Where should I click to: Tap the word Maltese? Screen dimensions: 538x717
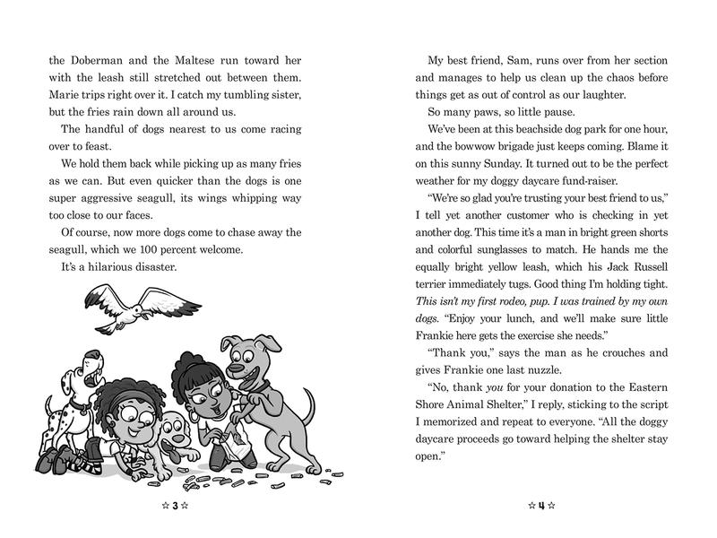[x=199, y=61]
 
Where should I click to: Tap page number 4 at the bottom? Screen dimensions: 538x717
[x=540, y=507]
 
